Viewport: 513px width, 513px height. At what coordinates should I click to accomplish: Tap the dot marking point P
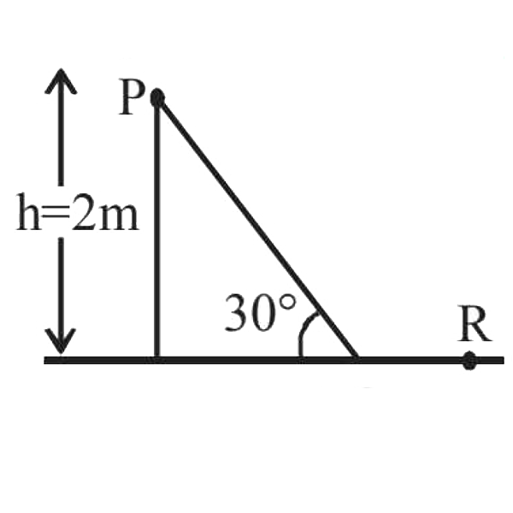[157, 98]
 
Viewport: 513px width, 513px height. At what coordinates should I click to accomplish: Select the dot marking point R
[469, 361]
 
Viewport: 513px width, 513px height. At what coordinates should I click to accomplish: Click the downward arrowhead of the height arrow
[61, 342]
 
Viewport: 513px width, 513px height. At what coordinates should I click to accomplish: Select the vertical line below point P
[157, 231]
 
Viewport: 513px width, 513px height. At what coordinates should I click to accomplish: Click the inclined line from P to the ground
[256, 229]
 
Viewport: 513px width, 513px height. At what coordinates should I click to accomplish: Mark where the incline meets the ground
[357, 360]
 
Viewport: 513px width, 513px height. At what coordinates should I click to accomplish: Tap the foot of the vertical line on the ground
[157, 360]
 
